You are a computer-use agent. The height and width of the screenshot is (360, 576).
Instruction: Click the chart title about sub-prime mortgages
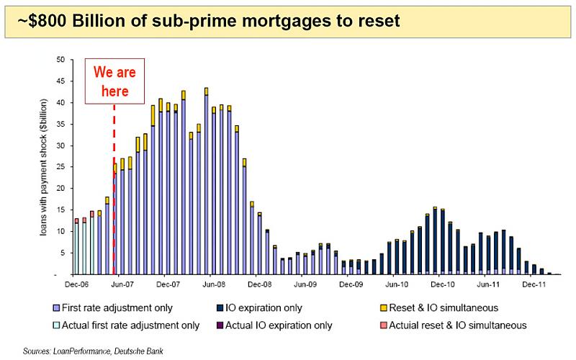pos(208,21)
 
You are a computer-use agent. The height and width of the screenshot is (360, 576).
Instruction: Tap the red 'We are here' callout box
pos(114,81)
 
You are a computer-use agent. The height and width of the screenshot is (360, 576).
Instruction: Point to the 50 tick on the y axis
pos(60,60)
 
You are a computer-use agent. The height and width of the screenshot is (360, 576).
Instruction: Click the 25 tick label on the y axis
pos(60,167)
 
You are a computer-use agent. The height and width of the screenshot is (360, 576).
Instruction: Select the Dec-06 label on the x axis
pos(76,284)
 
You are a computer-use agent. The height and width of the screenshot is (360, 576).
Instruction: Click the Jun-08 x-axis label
pos(214,284)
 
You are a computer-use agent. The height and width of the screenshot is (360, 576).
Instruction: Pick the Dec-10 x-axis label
pos(443,284)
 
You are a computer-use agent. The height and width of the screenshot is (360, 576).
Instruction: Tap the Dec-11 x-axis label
pos(534,284)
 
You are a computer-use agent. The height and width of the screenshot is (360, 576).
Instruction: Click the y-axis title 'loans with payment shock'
pos(44,167)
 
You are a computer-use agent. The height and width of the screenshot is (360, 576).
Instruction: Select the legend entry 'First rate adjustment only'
pos(113,308)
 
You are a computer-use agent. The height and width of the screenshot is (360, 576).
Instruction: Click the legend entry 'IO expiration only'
pos(259,308)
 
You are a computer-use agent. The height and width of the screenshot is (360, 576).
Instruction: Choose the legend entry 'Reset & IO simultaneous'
pos(439,308)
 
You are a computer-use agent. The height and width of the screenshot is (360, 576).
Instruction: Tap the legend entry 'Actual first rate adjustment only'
pos(127,325)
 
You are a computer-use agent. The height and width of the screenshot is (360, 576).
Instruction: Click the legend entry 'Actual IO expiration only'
pos(274,325)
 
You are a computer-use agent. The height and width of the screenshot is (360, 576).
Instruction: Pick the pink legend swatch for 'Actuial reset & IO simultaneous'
pos(384,325)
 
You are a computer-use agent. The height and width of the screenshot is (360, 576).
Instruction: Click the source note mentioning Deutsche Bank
pos(93,351)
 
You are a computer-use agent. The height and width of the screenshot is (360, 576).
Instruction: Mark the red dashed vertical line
pos(114,189)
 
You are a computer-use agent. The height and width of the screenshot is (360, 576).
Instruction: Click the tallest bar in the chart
pos(206,181)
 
